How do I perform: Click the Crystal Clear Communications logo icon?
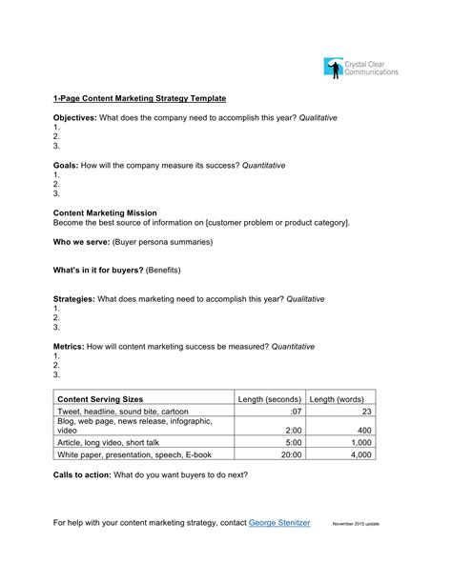point(333,67)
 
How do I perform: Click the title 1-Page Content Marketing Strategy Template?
point(139,98)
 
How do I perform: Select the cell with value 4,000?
point(360,455)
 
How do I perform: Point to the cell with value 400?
point(363,430)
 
